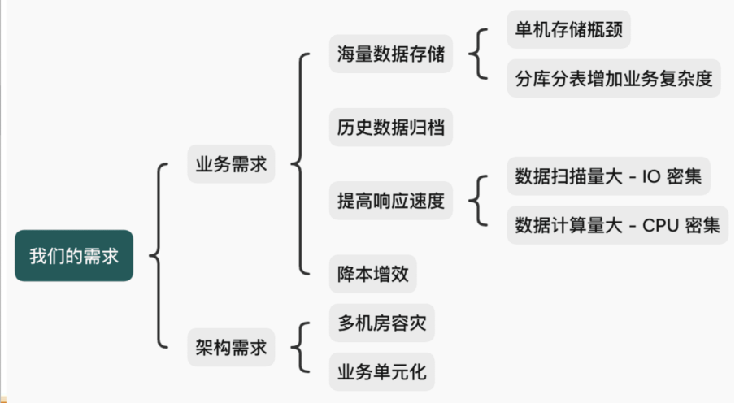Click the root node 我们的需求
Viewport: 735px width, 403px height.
coord(74,256)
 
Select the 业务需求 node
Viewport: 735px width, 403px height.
coord(231,163)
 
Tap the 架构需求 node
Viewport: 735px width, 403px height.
coord(231,348)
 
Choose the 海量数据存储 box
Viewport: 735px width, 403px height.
coord(391,54)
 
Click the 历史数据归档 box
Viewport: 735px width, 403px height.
coord(391,128)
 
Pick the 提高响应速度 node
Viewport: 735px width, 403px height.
coord(391,201)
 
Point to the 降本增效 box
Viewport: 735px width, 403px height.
coord(373,274)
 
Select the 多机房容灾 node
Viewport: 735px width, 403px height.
coord(382,323)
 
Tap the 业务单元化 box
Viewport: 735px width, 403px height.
coord(382,373)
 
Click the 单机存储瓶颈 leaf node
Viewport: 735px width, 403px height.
coord(568,29)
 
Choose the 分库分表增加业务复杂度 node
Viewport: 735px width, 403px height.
coord(614,78)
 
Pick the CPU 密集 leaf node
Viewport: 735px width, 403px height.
coord(614,224)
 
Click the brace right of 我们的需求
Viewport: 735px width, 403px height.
coord(157,256)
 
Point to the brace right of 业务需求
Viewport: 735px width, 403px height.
coord(299,163)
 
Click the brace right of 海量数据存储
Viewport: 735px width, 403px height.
coord(480,54)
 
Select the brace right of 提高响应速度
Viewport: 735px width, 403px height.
coord(480,201)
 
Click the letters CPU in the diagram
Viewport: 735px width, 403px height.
coord(660,225)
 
